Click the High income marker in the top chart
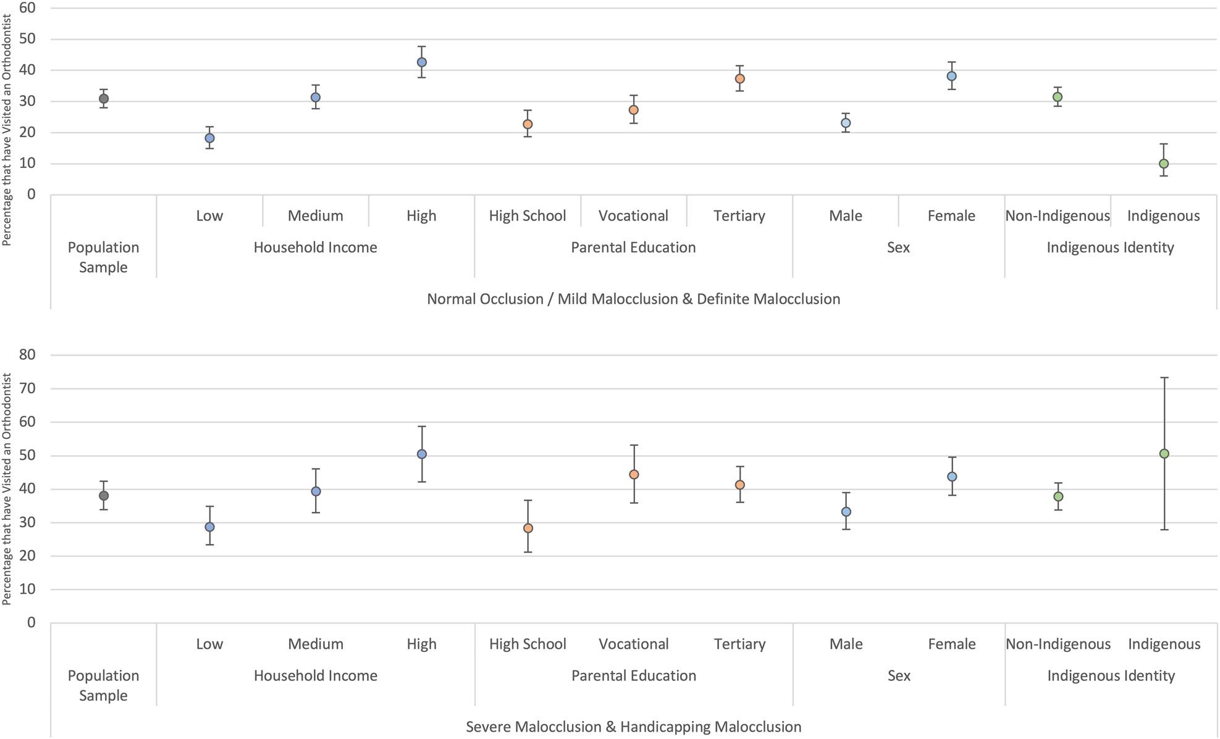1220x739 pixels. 421,62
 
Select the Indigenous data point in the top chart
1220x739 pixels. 1164,164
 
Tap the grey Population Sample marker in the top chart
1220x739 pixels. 104,99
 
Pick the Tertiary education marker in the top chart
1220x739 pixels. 739,79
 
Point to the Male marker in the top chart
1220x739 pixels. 846,123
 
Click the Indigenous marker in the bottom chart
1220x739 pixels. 1164,454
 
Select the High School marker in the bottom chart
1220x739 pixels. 528,528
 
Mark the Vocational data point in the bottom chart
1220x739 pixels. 634,475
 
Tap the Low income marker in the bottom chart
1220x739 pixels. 209,527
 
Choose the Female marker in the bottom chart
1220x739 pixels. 952,477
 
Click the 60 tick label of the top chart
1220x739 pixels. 27,8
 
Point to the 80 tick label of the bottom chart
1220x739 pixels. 27,355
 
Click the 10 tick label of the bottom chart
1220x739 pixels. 27,589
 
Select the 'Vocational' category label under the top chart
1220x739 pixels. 633,215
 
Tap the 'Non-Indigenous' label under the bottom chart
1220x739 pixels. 1058,644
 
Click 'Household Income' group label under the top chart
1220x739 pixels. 315,248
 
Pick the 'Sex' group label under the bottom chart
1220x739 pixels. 899,676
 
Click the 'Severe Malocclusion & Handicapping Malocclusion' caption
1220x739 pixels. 634,727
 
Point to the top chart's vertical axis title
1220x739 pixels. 7,130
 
